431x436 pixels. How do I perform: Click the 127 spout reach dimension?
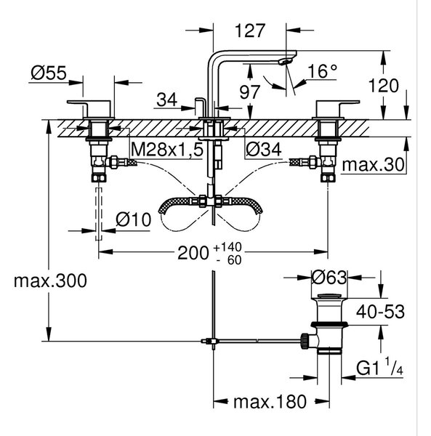coord(250,31)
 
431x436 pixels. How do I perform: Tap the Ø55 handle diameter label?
coord(49,73)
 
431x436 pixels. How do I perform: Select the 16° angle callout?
coord(322,71)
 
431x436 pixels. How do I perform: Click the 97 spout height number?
coord(250,92)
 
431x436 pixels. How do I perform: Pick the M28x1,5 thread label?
coord(167,150)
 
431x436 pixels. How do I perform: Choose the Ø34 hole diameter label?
coord(264,150)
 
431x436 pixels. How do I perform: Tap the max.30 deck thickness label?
coord(373,165)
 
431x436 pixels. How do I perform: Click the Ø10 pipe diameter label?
coord(134,219)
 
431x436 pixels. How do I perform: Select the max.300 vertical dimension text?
coord(50,280)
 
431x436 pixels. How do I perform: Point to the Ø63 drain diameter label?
coord(329,278)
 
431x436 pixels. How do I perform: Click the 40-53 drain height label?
coord(380,312)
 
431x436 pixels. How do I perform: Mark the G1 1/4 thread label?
coord(379,368)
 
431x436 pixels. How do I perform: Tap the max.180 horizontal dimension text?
coord(270,402)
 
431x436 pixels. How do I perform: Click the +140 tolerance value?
coord(227,247)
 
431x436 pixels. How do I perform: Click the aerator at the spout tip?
coord(286,62)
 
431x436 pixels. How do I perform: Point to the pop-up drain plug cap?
coord(329,296)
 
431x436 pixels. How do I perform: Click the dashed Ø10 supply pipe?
coord(99,214)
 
